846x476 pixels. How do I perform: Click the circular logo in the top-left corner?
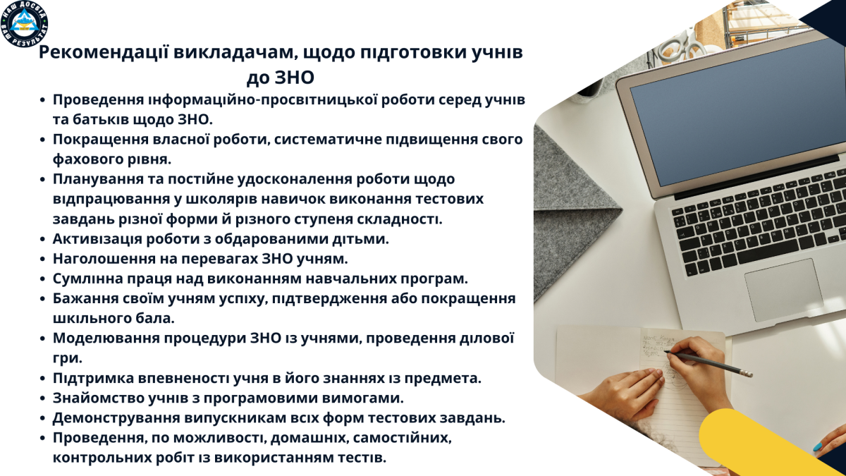pos(25,24)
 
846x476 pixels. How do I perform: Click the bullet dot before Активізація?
pos(44,240)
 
